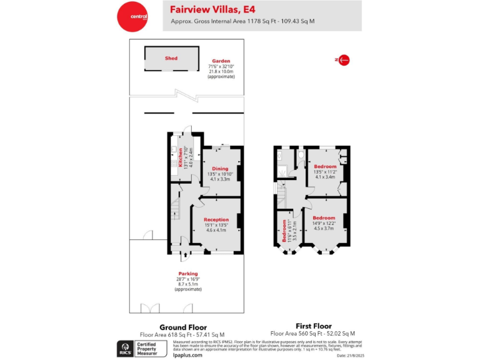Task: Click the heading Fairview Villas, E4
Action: click(x=213, y=9)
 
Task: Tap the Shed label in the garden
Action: click(x=171, y=58)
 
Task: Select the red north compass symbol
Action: click(x=342, y=60)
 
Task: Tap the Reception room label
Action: click(x=216, y=220)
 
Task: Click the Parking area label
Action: click(x=188, y=274)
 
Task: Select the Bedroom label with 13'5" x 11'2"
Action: click(x=326, y=167)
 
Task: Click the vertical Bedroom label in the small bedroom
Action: click(x=283, y=231)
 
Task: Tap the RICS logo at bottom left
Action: click(x=124, y=348)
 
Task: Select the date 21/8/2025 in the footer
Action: click(x=350, y=356)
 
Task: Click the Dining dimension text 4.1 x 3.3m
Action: click(x=219, y=179)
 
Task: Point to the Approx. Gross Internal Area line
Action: click(x=242, y=21)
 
